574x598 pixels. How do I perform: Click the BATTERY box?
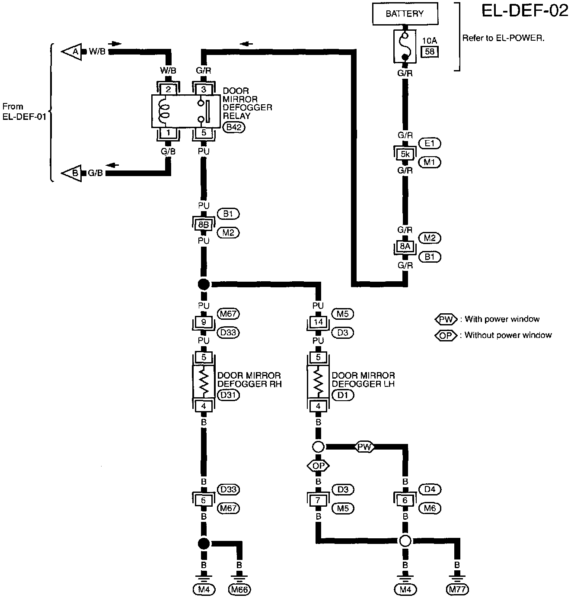pyautogui.click(x=405, y=14)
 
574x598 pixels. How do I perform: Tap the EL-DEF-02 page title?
pyautogui.click(x=525, y=11)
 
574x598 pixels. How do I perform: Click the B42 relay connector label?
pyautogui.click(x=234, y=128)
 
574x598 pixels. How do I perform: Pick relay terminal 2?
pyautogui.click(x=168, y=90)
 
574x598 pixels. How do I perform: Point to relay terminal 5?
pyautogui.click(x=204, y=133)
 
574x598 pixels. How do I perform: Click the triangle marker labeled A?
pyautogui.click(x=73, y=52)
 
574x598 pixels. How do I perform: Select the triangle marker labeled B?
pyautogui.click(x=73, y=174)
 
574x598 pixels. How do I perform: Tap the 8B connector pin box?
pyautogui.click(x=204, y=225)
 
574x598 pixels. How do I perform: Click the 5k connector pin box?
pyautogui.click(x=405, y=154)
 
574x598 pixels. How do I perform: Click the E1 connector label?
pyautogui.click(x=430, y=143)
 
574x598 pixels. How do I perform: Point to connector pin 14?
pyautogui.click(x=319, y=322)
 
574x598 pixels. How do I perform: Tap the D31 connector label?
pyautogui.click(x=229, y=395)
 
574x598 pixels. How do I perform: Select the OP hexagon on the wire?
pyautogui.click(x=318, y=466)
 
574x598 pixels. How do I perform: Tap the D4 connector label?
pyautogui.click(x=430, y=489)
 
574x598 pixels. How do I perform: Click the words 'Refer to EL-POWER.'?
pyautogui.click(x=503, y=38)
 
